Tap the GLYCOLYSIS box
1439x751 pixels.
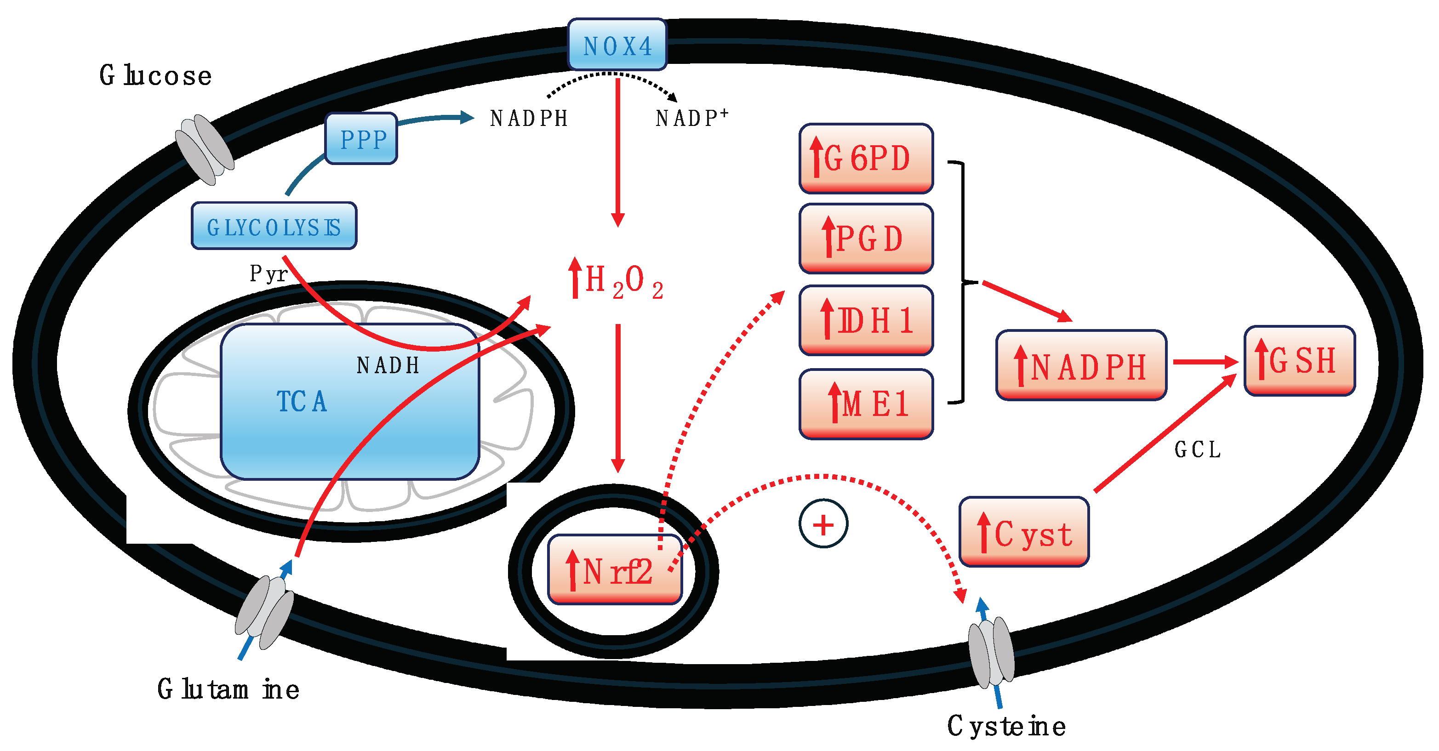coord(274,226)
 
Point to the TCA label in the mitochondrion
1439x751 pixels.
coord(302,401)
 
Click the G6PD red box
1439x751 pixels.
coord(866,159)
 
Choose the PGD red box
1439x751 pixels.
coord(866,239)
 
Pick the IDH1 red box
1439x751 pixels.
coord(866,320)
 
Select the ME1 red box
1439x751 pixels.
coord(866,404)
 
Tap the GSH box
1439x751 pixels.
coord(1299,361)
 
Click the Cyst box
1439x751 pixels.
coord(1024,532)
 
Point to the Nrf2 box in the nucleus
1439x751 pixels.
coord(615,570)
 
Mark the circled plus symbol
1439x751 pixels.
coord(823,524)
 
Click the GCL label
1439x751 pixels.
coord(1197,449)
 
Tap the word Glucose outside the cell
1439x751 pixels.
coord(156,75)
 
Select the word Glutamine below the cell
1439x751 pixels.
coord(228,689)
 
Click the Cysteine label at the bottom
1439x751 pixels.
coord(1006,726)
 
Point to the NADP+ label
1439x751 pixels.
coord(691,118)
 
